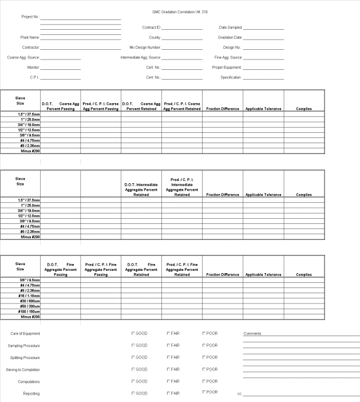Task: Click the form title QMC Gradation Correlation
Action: tap(180, 11)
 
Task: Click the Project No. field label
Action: tap(30, 17)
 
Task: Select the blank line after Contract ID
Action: tap(182, 27)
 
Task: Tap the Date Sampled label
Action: tap(231, 27)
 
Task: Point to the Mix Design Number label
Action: tap(145, 48)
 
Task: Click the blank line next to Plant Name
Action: tap(81, 37)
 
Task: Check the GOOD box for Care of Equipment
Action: tap(134, 333)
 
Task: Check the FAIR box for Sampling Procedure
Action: tap(169, 345)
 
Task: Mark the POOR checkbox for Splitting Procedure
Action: tap(204, 357)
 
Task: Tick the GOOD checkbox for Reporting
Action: tap(134, 393)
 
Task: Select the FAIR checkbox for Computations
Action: tap(169, 381)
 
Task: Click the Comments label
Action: tap(252, 333)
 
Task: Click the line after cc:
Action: tap(301, 393)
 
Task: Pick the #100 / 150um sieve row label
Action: tap(29, 312)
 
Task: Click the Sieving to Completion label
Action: tap(23, 369)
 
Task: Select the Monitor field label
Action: tap(33, 68)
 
